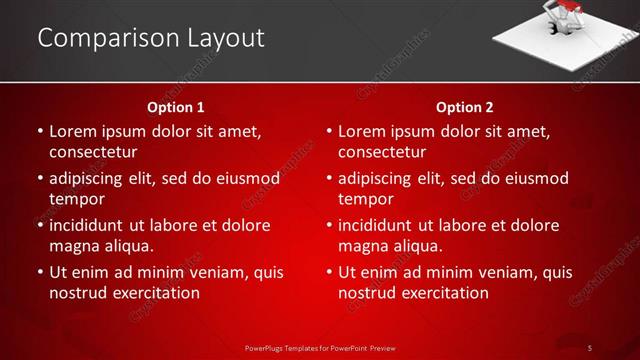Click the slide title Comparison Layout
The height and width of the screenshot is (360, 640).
click(x=151, y=38)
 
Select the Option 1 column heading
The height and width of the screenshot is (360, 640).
click(x=175, y=107)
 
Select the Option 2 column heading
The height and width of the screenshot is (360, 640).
click(x=464, y=107)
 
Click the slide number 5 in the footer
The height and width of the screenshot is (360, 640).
click(x=590, y=347)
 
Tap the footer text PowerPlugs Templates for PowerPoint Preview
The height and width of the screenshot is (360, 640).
click(x=320, y=347)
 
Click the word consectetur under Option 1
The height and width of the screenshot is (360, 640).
click(x=92, y=152)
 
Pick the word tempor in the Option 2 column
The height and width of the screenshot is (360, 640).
click(x=365, y=199)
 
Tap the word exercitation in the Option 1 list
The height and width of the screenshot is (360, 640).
click(x=154, y=293)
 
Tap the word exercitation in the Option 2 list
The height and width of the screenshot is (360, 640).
click(x=443, y=293)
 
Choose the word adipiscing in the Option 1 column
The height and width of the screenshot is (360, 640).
click(x=91, y=178)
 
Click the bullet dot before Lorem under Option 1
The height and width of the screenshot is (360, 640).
click(x=39, y=131)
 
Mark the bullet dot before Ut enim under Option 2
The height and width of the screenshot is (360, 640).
click(x=328, y=272)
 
